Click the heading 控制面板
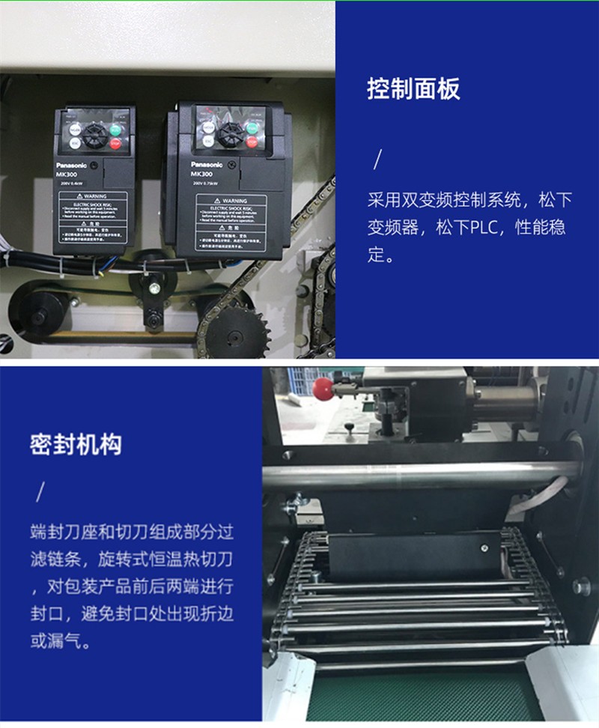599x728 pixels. (x=413, y=89)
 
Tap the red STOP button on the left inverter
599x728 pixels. (x=115, y=145)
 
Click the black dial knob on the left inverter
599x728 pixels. (x=94, y=136)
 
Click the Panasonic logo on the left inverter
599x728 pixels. (x=71, y=165)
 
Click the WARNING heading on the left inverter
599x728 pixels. (x=94, y=196)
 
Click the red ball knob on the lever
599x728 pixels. (x=323, y=387)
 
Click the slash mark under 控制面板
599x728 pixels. (x=378, y=160)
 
